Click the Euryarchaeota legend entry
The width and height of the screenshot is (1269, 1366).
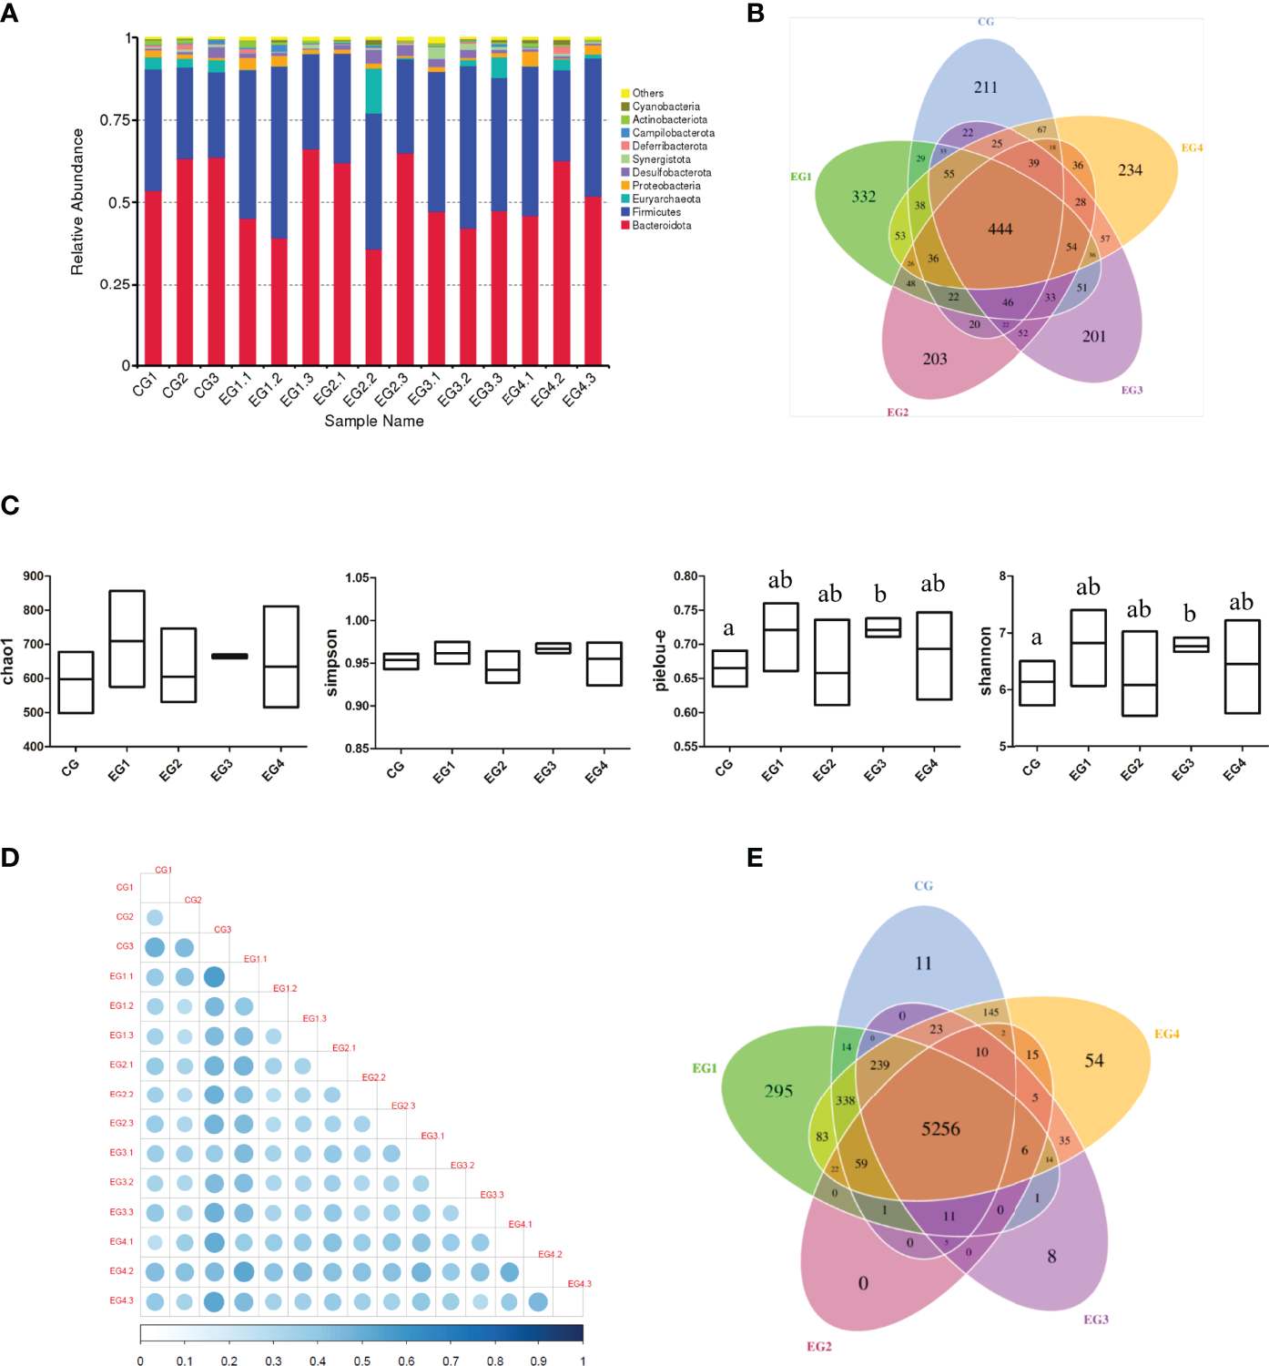point(665,199)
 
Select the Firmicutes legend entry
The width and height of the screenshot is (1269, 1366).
point(655,212)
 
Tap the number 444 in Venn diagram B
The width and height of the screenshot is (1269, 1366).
point(1000,229)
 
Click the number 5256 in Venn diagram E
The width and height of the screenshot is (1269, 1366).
point(940,1129)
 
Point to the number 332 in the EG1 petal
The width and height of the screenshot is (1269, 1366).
point(863,197)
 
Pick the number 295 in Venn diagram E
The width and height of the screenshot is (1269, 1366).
point(778,1091)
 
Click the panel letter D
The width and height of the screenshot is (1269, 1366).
point(10,858)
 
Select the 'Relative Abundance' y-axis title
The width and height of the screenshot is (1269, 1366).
point(77,201)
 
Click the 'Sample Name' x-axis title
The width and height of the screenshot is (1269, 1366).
point(374,421)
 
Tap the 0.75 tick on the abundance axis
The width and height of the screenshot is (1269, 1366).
point(115,120)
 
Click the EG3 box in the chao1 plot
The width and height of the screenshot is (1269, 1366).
point(229,656)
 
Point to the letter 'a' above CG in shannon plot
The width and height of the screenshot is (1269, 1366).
point(1036,638)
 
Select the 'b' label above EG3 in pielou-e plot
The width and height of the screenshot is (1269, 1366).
point(879,595)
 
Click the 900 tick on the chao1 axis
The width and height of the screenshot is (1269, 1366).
point(34,576)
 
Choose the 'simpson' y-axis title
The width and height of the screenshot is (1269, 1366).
point(331,663)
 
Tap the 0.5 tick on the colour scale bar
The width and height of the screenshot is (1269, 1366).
point(362,1361)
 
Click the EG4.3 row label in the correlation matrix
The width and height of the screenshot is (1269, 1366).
point(121,1300)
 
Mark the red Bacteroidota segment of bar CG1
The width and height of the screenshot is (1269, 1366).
point(153,278)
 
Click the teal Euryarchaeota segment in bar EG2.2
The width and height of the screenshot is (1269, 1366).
point(373,91)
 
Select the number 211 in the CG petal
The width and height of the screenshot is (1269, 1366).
point(985,87)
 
